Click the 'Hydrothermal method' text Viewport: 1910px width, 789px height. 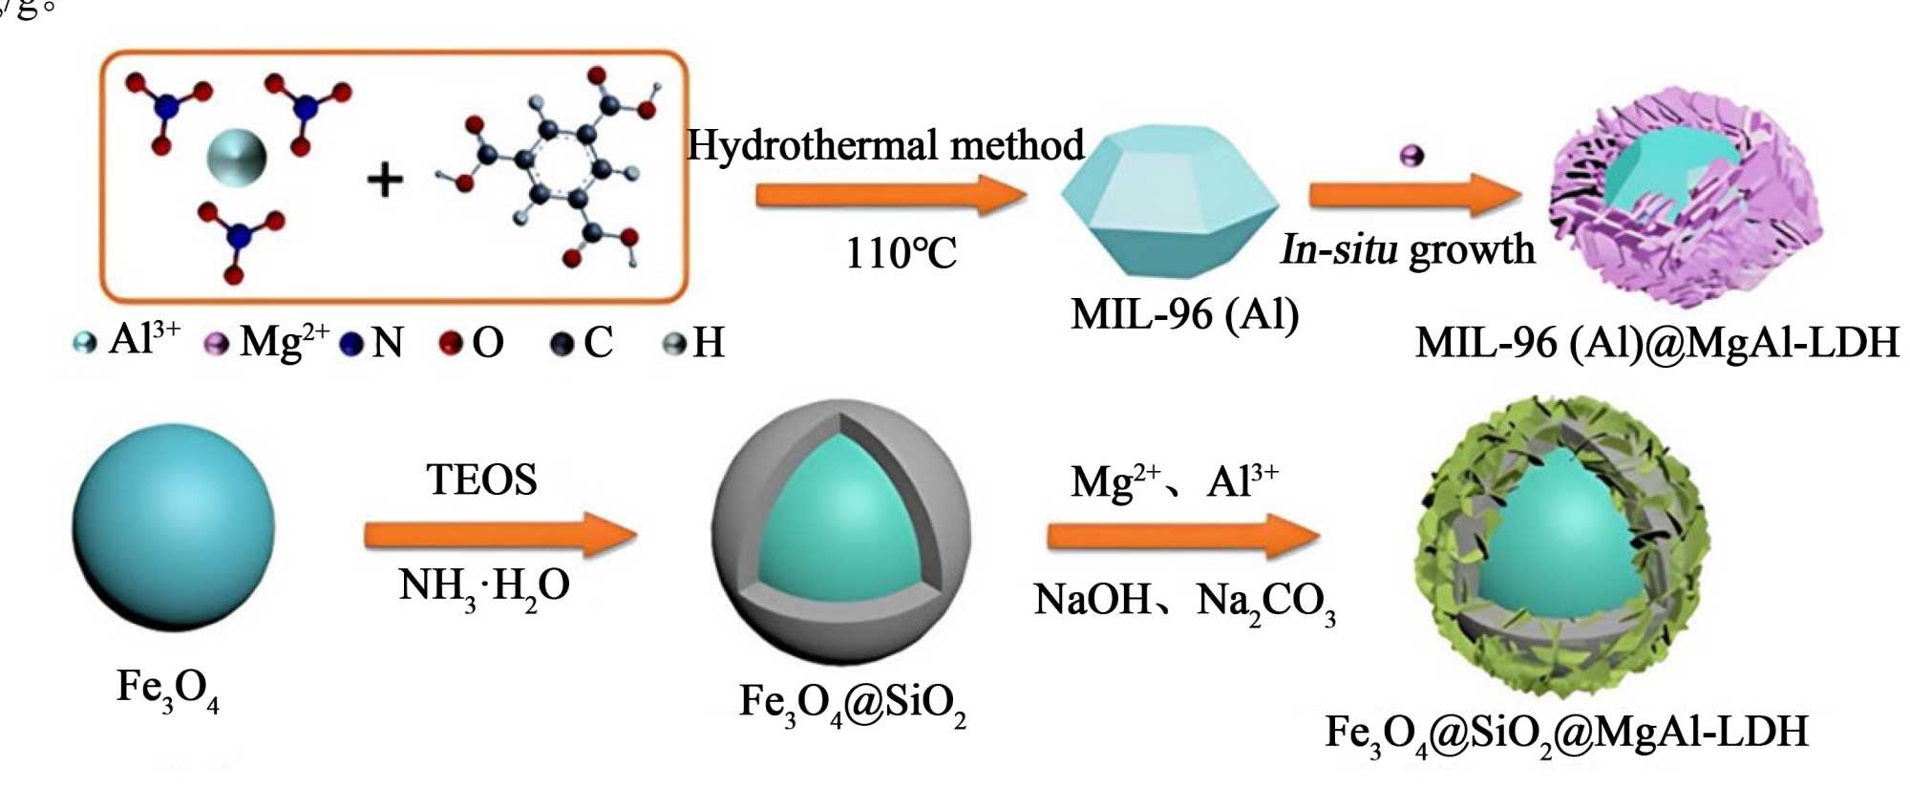[x=885, y=146]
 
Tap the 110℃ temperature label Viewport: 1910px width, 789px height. [x=901, y=254]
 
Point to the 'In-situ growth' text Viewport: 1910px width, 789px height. [x=1407, y=250]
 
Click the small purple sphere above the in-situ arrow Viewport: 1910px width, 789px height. [x=1411, y=156]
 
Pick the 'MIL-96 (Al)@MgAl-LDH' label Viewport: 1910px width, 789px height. [x=1656, y=343]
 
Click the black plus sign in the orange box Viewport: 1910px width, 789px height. [x=385, y=180]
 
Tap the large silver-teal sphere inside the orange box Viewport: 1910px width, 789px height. [x=236, y=158]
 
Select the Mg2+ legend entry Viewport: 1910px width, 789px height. [x=268, y=342]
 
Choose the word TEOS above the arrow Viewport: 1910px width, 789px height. [x=481, y=480]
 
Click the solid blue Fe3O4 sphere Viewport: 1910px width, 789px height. [x=173, y=527]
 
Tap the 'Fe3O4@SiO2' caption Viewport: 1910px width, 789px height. [x=852, y=705]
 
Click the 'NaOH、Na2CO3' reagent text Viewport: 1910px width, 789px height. [x=1184, y=602]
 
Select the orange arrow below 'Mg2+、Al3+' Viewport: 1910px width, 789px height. [x=1182, y=536]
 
